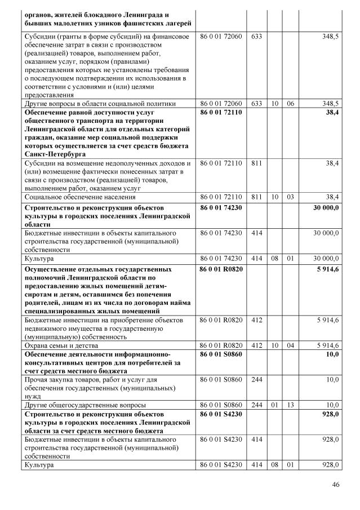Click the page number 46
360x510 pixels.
pos(336,485)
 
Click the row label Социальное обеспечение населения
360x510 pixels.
pos(79,197)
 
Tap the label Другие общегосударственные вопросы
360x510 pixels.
pos(85,405)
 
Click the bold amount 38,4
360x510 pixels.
pos(331,113)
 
